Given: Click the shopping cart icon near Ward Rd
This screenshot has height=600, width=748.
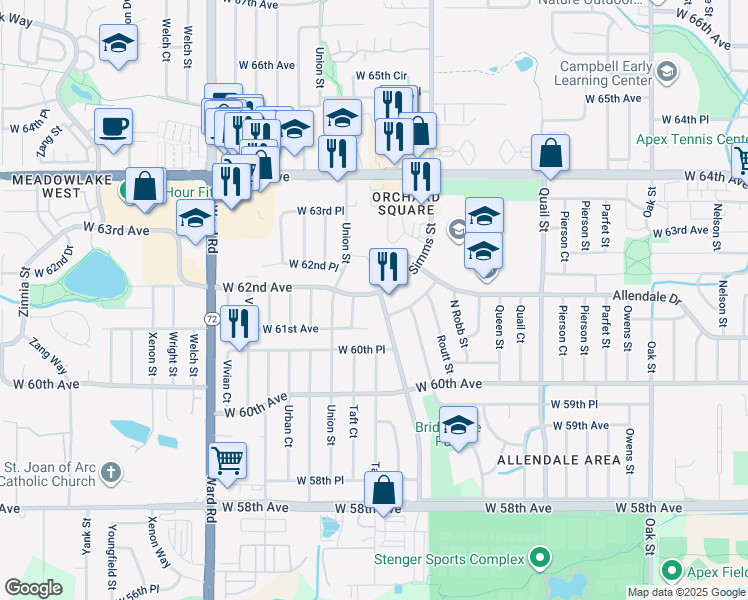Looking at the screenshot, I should (228, 460).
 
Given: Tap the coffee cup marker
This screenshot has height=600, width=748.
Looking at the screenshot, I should (113, 126).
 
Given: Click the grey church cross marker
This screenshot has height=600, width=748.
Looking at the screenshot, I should (111, 469).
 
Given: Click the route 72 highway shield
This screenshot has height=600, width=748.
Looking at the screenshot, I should (212, 318).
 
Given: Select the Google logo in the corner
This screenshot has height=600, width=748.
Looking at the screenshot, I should (34, 587).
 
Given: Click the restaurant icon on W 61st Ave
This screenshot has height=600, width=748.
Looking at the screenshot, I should (238, 322).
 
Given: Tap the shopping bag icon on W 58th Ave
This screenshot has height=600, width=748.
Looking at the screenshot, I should (383, 490).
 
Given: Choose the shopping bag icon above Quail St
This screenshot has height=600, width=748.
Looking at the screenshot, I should (550, 153).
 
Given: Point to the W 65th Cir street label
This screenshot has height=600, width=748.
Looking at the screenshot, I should (381, 75).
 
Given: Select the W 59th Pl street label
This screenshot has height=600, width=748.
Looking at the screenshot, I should (574, 404).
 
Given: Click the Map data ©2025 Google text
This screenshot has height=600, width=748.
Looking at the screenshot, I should (686, 592).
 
